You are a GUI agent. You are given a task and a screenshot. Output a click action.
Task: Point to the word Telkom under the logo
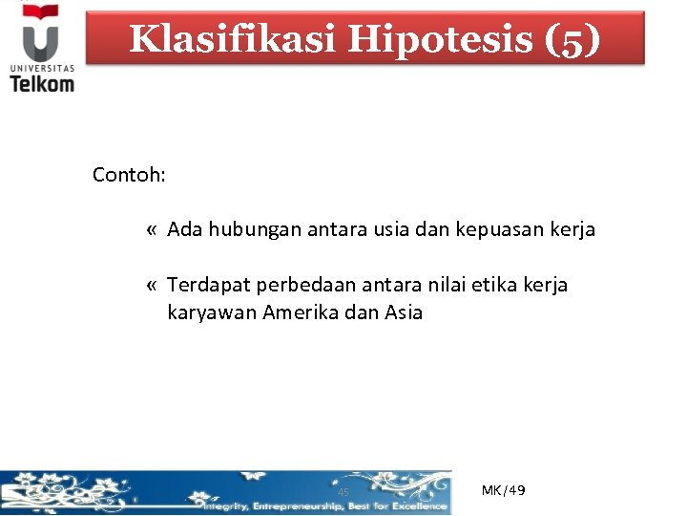[x=42, y=82]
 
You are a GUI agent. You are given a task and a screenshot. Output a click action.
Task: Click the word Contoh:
[x=130, y=176]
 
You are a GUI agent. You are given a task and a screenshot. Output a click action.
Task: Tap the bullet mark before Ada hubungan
[x=153, y=230]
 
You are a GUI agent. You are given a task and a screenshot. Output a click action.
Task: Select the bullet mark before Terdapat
[x=153, y=286]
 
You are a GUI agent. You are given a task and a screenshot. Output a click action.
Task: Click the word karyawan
[x=211, y=312]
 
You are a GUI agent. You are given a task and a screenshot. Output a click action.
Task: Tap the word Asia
[x=404, y=312]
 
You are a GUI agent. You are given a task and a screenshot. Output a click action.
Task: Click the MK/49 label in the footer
[x=503, y=490]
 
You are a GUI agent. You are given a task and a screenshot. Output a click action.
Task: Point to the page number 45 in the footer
[x=343, y=493]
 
